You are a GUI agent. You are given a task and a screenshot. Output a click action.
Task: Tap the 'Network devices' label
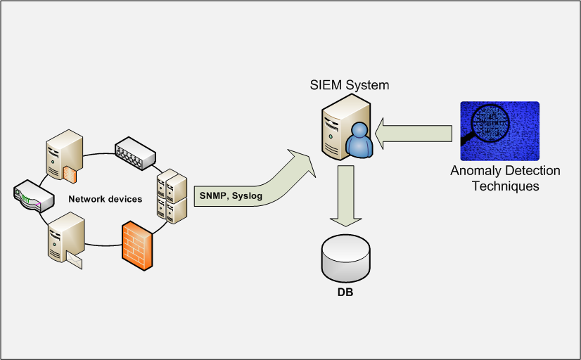pos(105,199)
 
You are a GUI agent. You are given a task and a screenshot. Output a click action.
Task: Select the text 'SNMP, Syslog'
pos(231,196)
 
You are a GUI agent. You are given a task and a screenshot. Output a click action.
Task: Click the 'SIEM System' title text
pos(350,86)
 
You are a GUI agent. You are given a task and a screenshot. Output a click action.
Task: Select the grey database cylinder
pos(345,258)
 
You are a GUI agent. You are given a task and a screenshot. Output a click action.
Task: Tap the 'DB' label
pos(345,291)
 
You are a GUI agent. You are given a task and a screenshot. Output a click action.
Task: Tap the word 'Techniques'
pos(505,186)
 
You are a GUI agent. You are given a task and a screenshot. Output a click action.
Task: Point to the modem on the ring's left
pos(33,196)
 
